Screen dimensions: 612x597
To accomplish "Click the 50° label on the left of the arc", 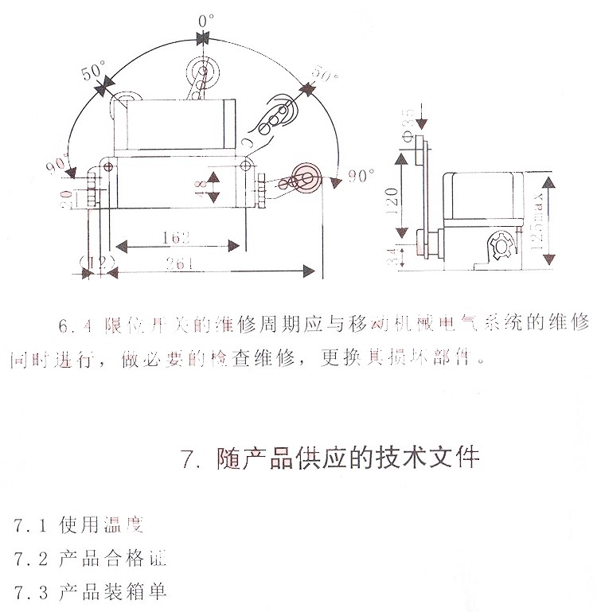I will pos(93,72).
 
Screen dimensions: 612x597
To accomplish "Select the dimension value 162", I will pos(178,236).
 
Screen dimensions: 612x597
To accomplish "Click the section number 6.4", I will pos(78,325).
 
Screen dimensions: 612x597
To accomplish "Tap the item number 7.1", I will pos(33,526).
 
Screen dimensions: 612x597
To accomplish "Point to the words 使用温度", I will pos(103,526).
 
